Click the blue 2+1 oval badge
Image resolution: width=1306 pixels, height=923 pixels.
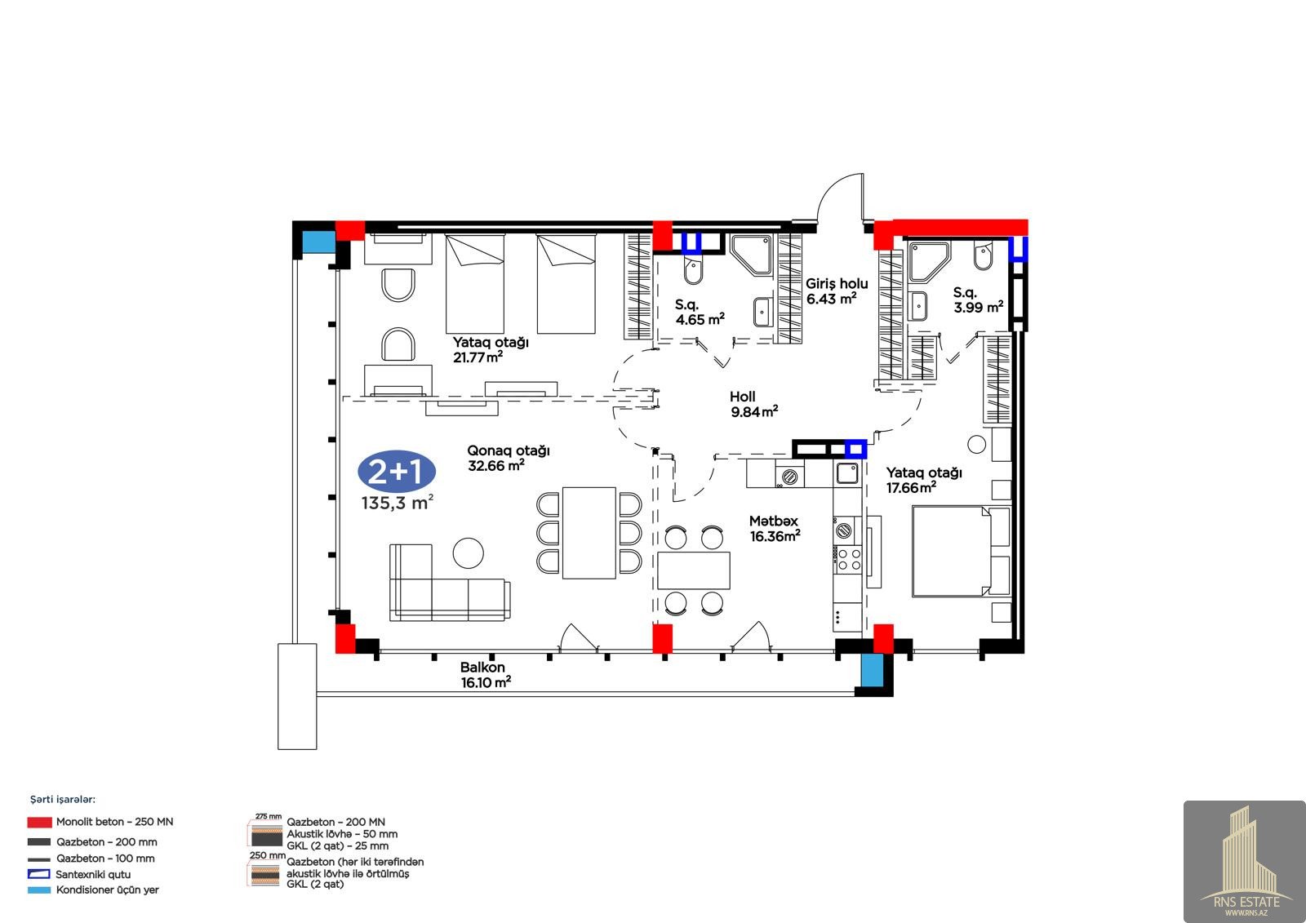tap(397, 471)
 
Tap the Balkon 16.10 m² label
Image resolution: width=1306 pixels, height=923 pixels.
tap(486, 675)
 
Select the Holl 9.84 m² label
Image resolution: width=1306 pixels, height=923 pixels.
tap(754, 404)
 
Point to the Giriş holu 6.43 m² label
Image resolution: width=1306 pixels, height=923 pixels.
tap(837, 291)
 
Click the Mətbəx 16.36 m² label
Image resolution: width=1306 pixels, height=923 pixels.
tap(775, 528)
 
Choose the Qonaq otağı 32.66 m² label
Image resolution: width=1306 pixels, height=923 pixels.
tap(509, 458)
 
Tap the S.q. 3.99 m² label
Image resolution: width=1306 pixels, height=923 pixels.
tap(979, 300)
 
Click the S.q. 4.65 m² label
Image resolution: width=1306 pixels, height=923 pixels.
tap(700, 312)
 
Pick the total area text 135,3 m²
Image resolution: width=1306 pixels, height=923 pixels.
tap(397, 503)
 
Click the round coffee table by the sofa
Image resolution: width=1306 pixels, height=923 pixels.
tap(469, 552)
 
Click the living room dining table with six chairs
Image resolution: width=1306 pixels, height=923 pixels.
tap(589, 533)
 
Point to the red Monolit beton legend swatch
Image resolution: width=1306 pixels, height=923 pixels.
tap(40, 822)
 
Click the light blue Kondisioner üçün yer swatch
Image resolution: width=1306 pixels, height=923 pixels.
tap(39, 890)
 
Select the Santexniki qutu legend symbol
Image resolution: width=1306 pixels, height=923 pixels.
tap(39, 874)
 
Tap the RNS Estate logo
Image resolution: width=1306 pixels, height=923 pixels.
tap(1244, 861)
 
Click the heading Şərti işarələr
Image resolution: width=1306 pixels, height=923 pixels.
tap(63, 800)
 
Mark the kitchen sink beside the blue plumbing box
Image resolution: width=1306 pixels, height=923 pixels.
tap(846, 473)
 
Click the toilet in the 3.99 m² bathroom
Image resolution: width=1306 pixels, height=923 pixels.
tap(983, 257)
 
